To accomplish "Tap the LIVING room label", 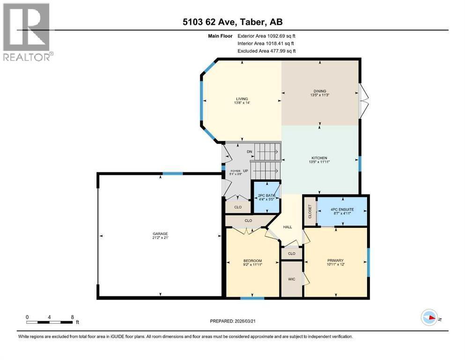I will pos(241,99).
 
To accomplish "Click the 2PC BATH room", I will pos(266,197).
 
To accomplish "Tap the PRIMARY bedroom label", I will pos(335,261).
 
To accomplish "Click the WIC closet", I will pos(291,278).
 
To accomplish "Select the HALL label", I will pos(288,227).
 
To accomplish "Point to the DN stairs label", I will pos(250,151).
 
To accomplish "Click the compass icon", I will pos(429,318).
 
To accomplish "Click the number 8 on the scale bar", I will pos(72,316).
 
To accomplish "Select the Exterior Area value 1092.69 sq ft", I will pos(279,36).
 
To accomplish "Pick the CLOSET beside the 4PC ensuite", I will pos(310,211).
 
